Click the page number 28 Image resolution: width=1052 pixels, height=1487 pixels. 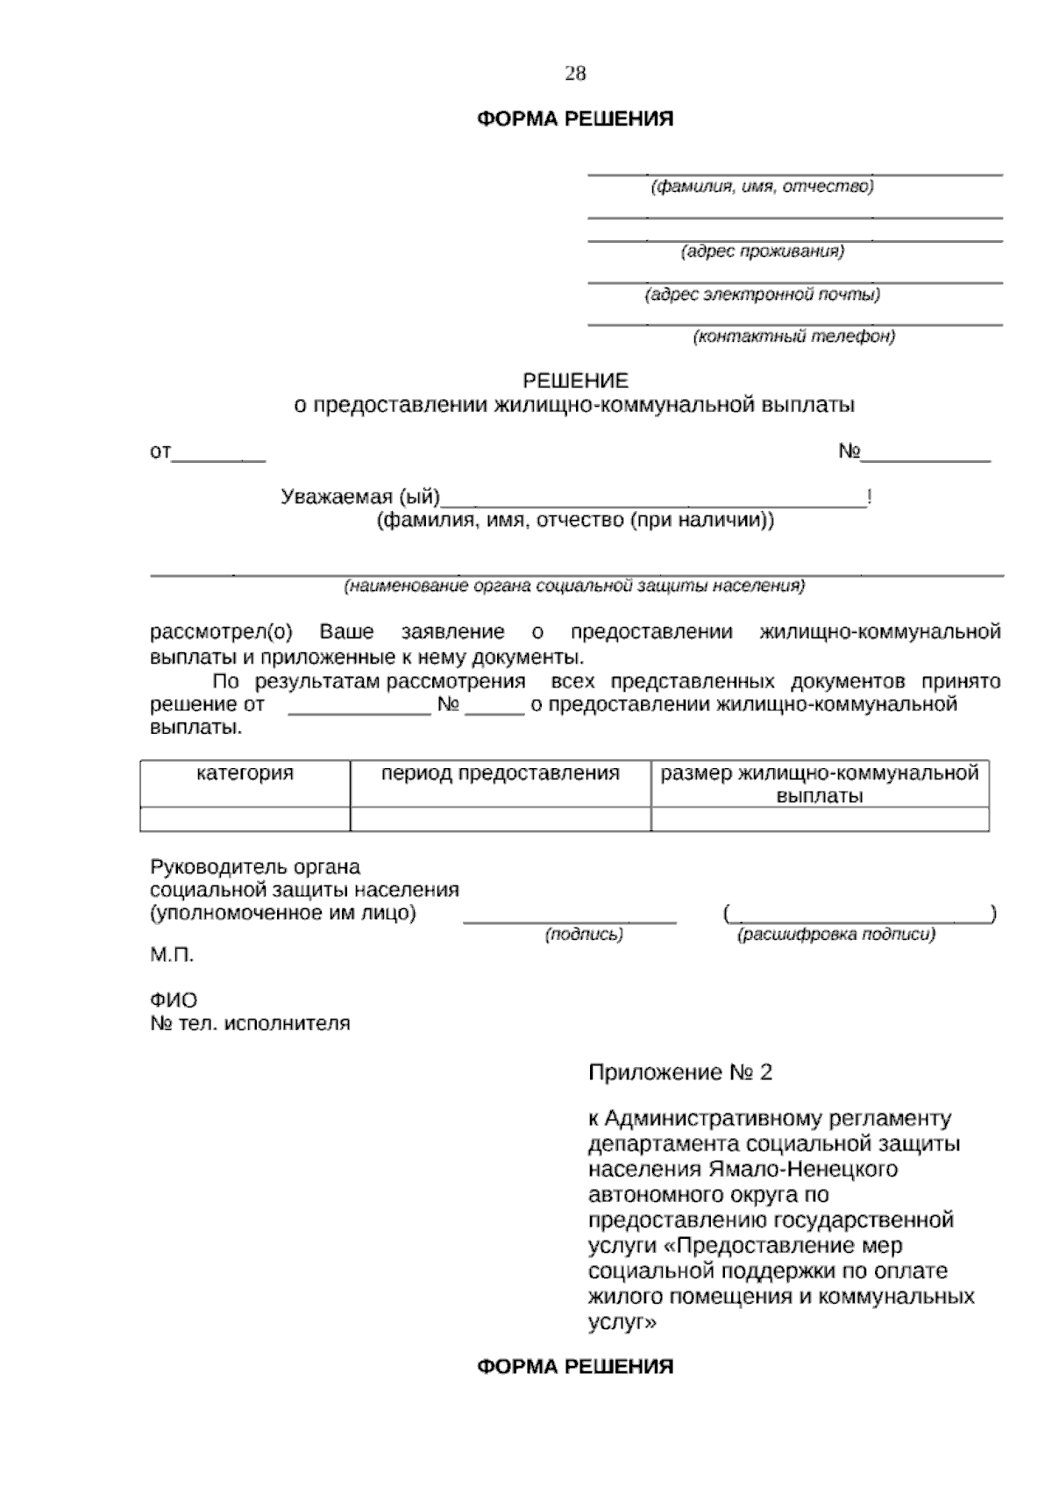575,74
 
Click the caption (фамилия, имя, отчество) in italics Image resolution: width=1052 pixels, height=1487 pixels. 761,187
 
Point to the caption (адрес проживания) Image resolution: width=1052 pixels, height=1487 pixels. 763,252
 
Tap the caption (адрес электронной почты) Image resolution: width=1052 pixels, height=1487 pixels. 763,295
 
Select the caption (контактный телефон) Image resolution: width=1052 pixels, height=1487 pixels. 794,337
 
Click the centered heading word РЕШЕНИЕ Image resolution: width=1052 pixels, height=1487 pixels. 575,381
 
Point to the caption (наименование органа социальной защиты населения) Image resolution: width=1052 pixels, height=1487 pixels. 574,586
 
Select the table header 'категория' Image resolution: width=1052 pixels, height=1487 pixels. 245,774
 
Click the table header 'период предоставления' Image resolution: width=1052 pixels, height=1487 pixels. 500,774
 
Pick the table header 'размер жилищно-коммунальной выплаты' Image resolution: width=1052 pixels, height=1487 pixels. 820,785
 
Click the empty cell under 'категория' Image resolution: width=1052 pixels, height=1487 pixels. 245,819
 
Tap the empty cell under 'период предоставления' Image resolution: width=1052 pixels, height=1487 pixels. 500,819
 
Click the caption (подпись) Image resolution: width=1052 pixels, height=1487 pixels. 584,936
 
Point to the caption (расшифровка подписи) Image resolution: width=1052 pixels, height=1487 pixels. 836,936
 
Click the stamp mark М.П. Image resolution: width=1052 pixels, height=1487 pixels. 172,956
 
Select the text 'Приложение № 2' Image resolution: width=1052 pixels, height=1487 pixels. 680,1072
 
